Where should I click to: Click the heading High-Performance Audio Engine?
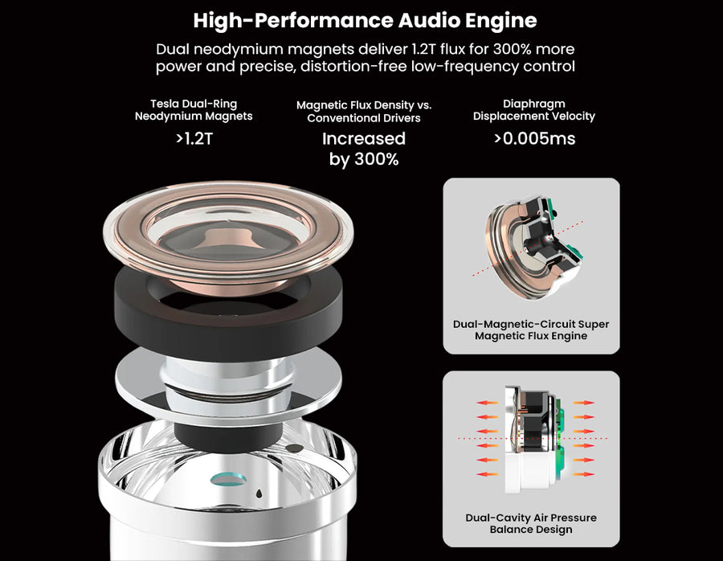(365, 21)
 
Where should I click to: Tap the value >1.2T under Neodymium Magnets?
(194, 138)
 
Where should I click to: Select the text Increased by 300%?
(364, 149)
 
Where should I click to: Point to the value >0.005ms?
(534, 138)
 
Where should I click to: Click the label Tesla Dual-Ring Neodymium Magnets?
(194, 110)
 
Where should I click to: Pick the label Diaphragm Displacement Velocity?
(534, 110)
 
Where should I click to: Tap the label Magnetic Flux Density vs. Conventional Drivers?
(364, 111)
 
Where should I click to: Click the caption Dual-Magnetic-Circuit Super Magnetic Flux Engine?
(531, 330)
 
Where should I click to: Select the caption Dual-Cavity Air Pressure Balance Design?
(531, 524)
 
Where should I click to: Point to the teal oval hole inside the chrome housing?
(228, 480)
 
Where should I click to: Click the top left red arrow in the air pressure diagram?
(488, 403)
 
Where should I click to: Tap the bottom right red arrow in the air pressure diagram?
(584, 474)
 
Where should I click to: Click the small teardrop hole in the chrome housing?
(259, 493)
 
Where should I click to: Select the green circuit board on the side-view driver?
(559, 438)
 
